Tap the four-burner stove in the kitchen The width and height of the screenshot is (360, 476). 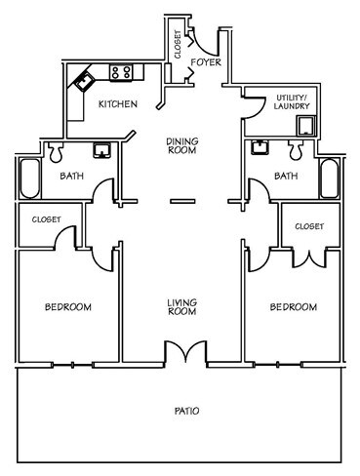point(122,71)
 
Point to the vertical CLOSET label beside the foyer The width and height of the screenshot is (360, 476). point(178,47)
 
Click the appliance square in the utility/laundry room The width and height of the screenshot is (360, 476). point(307,124)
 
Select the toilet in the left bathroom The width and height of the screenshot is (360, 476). point(54,151)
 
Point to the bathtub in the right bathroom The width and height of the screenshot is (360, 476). point(328,180)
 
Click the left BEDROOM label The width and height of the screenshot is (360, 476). point(67,307)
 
